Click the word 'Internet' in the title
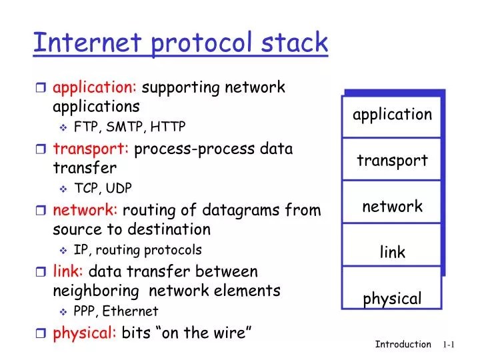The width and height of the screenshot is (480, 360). tap(77, 43)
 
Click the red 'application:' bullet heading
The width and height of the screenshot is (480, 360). tap(95, 87)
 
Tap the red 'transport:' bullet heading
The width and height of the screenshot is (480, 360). tap(91, 148)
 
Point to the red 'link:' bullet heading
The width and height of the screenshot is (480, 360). tap(68, 271)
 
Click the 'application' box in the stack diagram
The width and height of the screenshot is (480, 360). tap(392, 115)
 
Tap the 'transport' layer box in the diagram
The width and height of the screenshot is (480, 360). tap(392, 160)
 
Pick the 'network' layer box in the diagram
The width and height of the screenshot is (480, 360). tap(392, 206)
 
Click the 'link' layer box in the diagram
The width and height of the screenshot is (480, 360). tap(392, 252)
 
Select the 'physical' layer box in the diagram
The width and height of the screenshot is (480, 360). tap(392, 297)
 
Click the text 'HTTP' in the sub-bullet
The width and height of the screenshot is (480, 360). tap(167, 127)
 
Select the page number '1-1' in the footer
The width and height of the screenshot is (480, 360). tap(448, 345)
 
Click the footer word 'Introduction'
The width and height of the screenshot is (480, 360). tap(403, 345)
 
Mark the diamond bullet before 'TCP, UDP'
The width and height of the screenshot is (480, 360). tap(63, 189)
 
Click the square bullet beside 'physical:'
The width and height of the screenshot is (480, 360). tap(41, 333)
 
